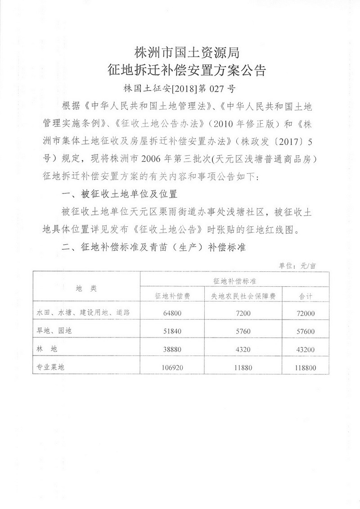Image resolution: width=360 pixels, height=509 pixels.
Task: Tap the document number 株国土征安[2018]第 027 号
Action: (180, 88)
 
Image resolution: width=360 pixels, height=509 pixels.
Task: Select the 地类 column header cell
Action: (86, 288)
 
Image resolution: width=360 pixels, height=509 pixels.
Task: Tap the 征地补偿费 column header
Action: (171, 297)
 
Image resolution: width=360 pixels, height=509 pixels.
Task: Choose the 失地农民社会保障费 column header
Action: (240, 297)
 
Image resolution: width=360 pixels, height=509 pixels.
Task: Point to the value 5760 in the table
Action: (240, 331)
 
